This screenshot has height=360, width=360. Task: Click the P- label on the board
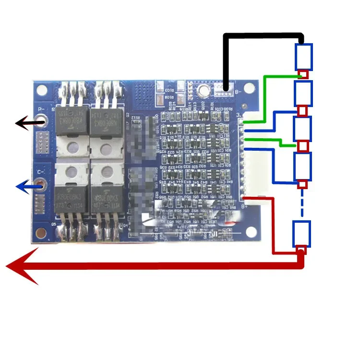[41, 110]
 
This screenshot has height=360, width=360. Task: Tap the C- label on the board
[41, 171]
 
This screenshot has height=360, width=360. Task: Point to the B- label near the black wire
[231, 91]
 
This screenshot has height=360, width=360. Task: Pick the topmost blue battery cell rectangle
[303, 57]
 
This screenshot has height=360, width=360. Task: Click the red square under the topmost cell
[303, 75]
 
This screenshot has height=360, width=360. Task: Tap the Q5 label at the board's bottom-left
[54, 224]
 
